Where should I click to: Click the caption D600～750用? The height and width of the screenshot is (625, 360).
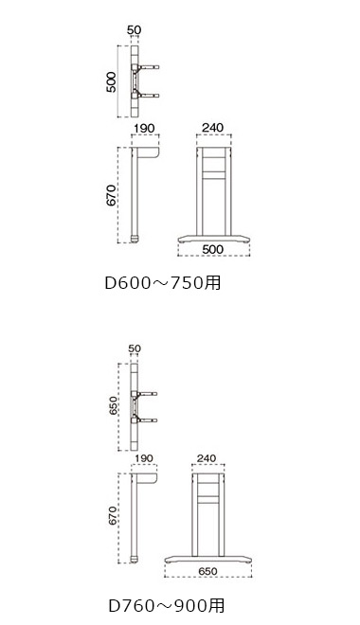(x=162, y=282)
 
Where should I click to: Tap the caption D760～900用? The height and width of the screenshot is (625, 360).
(x=167, y=606)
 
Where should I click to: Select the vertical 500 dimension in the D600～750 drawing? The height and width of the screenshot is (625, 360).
(x=111, y=81)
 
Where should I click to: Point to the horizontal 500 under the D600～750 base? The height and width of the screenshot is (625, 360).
(x=213, y=249)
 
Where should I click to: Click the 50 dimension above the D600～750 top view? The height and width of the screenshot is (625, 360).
(x=135, y=30)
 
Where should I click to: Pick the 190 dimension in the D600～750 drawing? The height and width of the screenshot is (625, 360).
(x=144, y=129)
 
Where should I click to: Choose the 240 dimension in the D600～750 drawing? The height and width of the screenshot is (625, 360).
(x=213, y=128)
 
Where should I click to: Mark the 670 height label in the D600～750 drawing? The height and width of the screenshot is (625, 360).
(x=111, y=195)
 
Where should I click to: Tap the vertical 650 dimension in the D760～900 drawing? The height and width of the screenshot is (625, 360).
(x=114, y=405)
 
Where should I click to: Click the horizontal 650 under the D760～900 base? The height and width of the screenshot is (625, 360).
(x=207, y=571)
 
